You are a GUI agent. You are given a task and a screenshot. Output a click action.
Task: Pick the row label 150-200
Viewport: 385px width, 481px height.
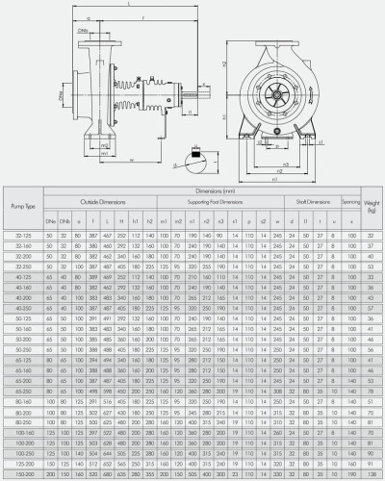24,474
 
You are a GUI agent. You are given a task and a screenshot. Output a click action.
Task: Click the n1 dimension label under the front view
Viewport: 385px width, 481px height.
276,178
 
